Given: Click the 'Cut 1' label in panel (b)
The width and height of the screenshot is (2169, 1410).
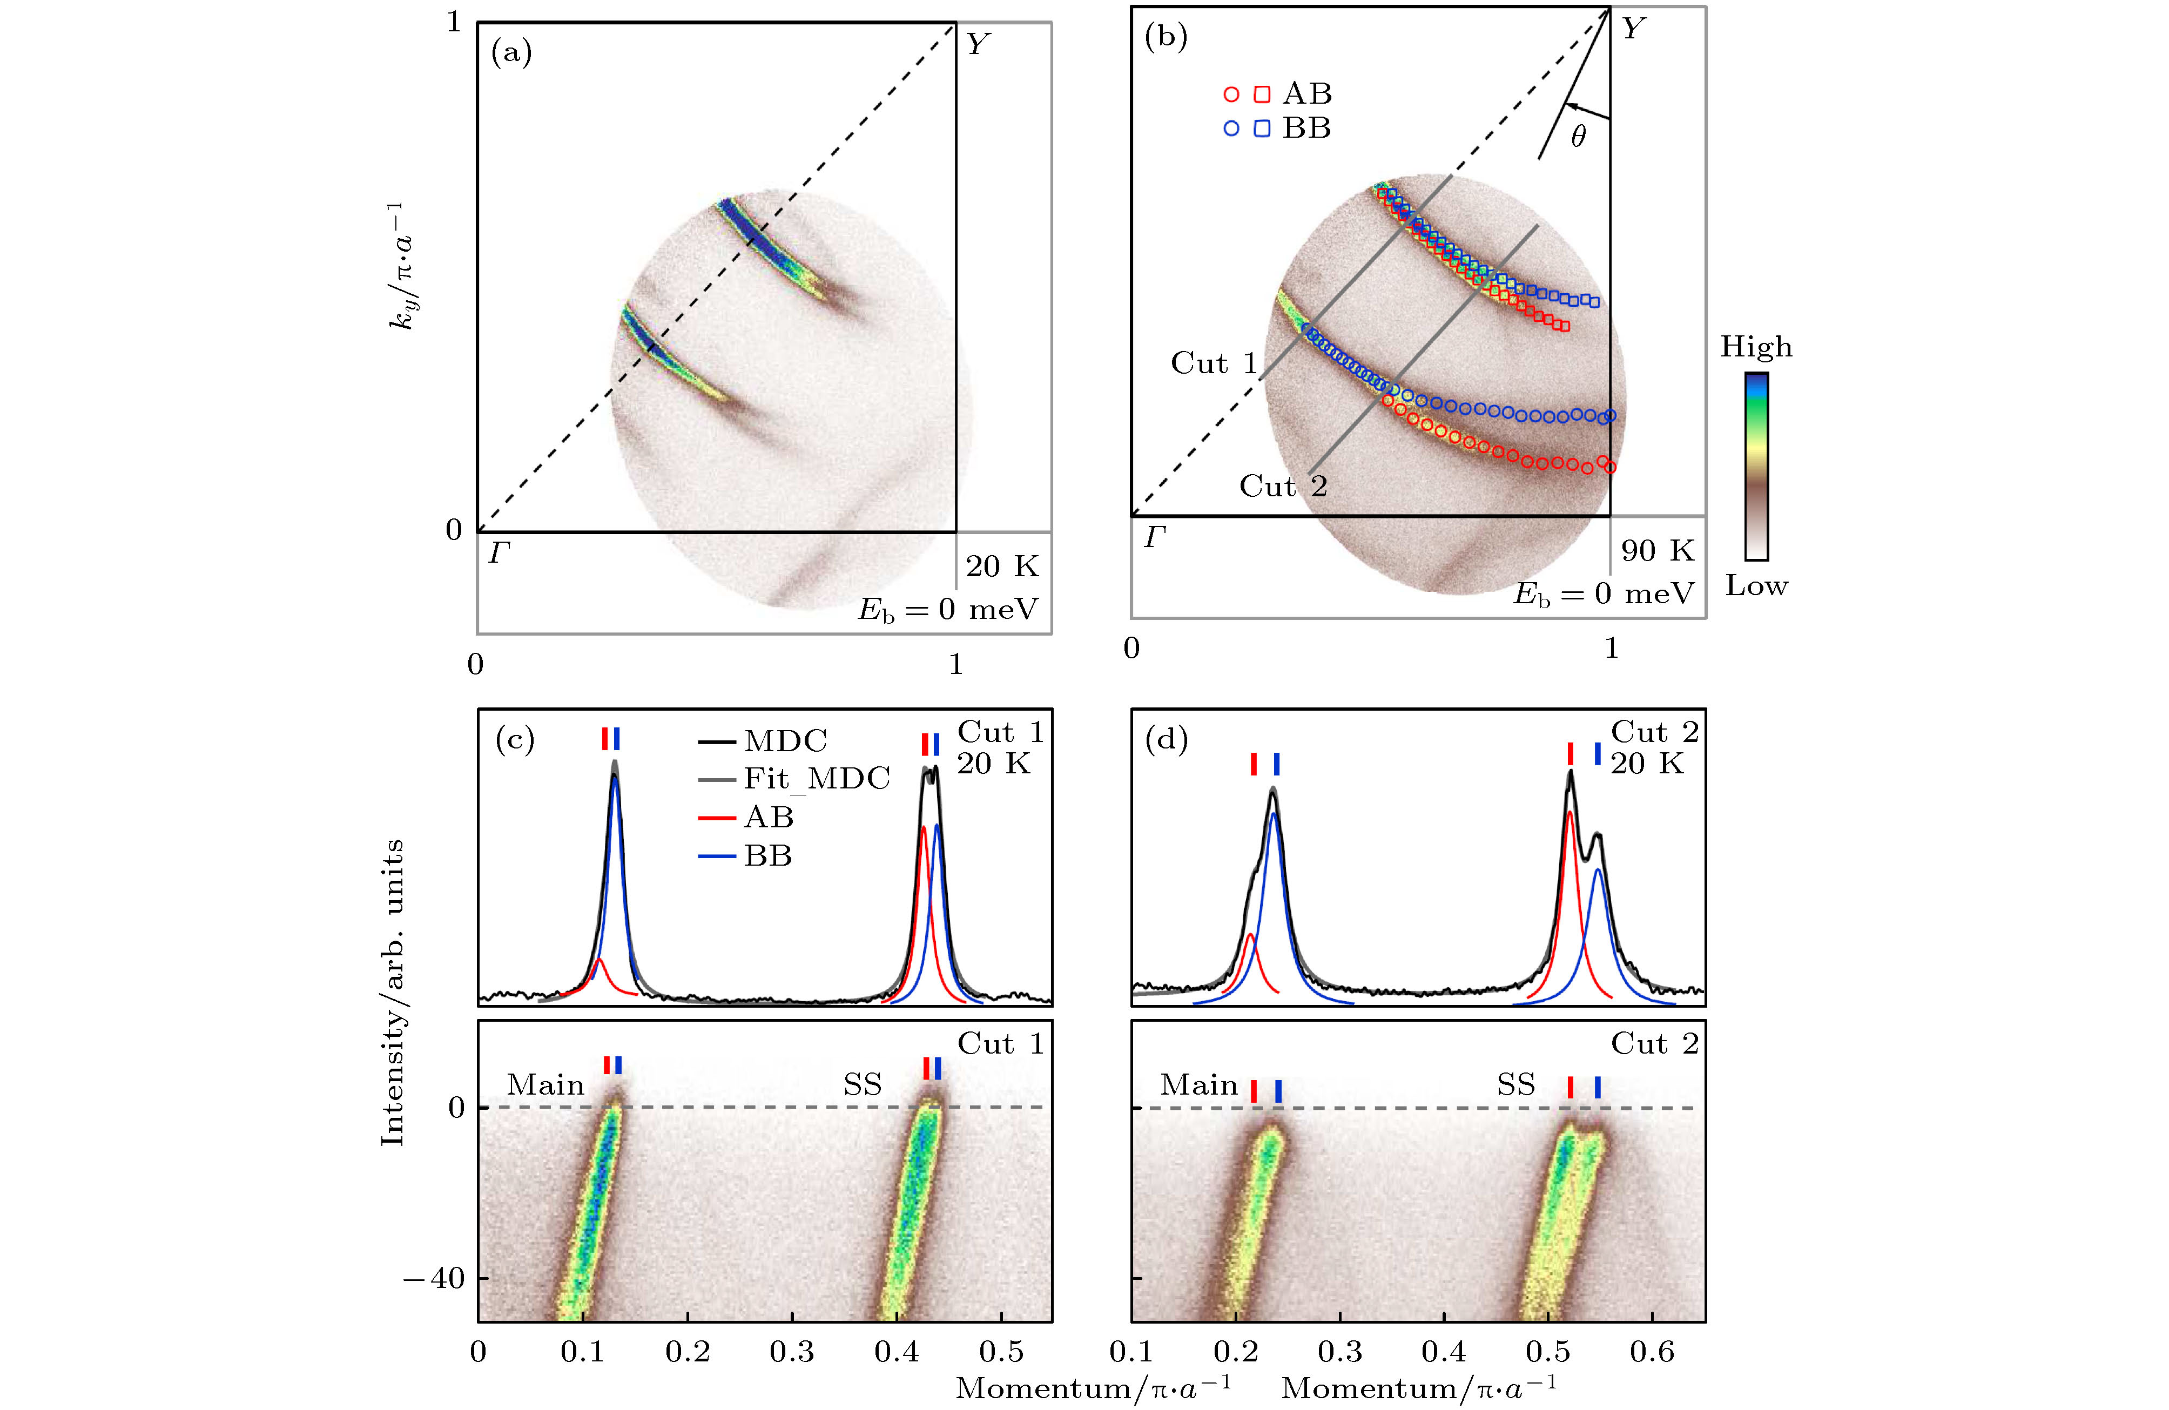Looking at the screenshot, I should point(1213,363).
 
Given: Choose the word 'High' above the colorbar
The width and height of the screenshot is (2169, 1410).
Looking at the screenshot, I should point(1755,347).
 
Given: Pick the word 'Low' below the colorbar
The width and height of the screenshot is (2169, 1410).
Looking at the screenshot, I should point(1755,586).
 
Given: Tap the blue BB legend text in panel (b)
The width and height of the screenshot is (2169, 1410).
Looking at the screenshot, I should point(1306,129).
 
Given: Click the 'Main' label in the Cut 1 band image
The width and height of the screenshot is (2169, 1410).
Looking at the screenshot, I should point(545,1084).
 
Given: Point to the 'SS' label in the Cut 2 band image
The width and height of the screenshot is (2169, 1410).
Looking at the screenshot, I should point(1515,1084).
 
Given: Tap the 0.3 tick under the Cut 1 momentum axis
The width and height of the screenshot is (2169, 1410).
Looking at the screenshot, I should point(791,1352).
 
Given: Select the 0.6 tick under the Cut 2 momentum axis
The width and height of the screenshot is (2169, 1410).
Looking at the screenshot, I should point(1652,1352).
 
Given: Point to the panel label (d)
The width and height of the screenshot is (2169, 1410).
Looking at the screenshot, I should point(1166,739).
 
